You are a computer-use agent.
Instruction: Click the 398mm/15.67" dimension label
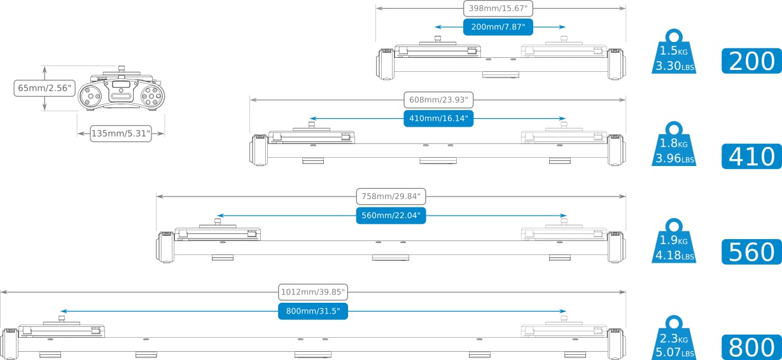click(x=498, y=8)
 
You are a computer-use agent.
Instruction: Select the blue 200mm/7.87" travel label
click(x=498, y=27)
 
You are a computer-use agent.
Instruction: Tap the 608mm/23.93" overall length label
click(x=438, y=100)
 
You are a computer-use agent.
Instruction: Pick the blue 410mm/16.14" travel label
click(x=438, y=118)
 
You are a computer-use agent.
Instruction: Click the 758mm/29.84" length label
click(x=391, y=197)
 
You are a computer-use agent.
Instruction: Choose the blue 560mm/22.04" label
click(x=391, y=215)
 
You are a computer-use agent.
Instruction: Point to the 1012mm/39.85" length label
click(x=313, y=292)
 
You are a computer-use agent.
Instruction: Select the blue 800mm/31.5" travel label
click(x=313, y=311)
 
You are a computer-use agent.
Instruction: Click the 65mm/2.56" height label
click(x=45, y=88)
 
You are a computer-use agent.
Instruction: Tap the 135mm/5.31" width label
click(x=121, y=134)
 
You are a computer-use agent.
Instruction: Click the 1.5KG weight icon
click(x=674, y=52)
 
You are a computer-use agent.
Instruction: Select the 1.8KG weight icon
click(x=674, y=144)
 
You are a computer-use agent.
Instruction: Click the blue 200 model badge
click(x=751, y=61)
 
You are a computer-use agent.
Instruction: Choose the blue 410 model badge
click(x=751, y=156)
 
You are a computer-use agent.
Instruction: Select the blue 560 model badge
click(x=751, y=252)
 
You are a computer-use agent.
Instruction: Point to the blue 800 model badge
click(x=751, y=347)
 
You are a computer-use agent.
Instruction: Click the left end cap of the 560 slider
click(x=165, y=247)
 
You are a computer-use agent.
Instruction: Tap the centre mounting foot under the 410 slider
click(x=438, y=161)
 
